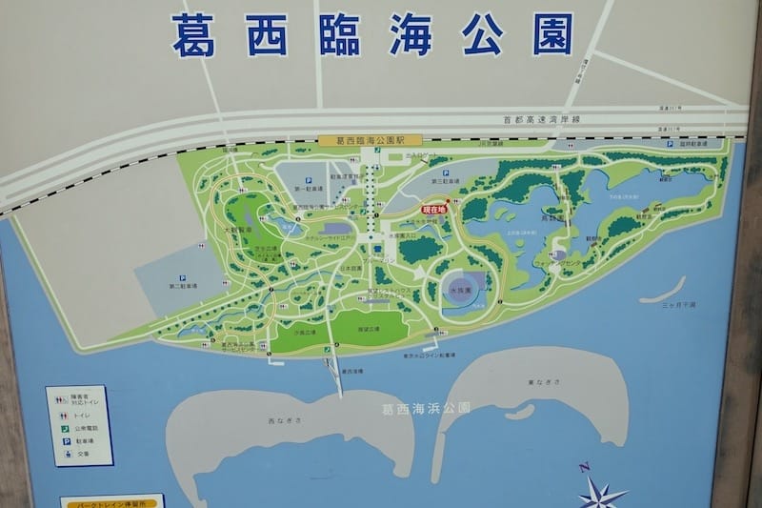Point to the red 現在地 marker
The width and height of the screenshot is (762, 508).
434,206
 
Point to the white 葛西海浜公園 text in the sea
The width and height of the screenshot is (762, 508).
426,408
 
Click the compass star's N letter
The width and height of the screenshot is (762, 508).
584,467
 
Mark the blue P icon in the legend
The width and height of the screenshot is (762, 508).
66,441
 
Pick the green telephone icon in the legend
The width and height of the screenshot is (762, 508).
66,428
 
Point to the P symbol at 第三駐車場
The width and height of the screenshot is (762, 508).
445,173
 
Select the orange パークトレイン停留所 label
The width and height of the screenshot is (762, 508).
112,500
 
